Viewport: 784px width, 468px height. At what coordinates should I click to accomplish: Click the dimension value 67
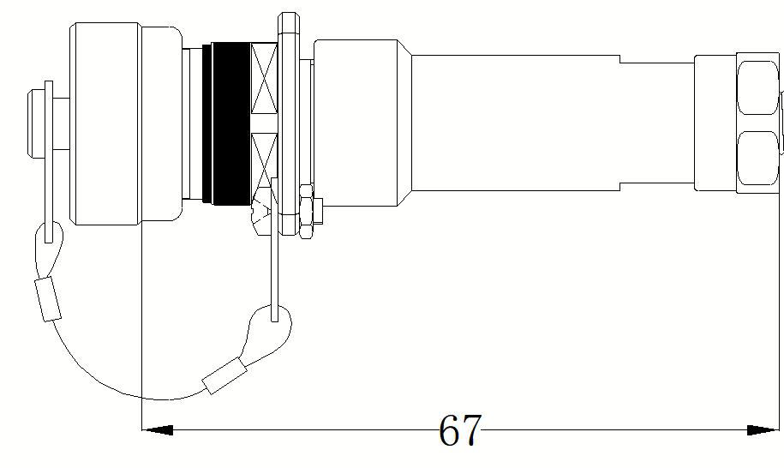tap(460, 429)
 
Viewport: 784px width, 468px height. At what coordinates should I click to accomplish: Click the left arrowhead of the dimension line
tap(158, 429)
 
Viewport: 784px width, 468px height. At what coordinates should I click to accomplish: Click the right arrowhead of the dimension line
tap(763, 429)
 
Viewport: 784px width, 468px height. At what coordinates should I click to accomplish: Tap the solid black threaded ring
tap(230, 124)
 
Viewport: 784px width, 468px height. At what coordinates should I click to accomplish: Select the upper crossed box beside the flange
tap(264, 78)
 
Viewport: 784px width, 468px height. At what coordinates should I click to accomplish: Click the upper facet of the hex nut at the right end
tap(758, 87)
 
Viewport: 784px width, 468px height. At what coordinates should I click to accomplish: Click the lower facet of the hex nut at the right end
tap(758, 158)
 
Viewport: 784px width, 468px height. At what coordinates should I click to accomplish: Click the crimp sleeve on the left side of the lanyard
tap(48, 299)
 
